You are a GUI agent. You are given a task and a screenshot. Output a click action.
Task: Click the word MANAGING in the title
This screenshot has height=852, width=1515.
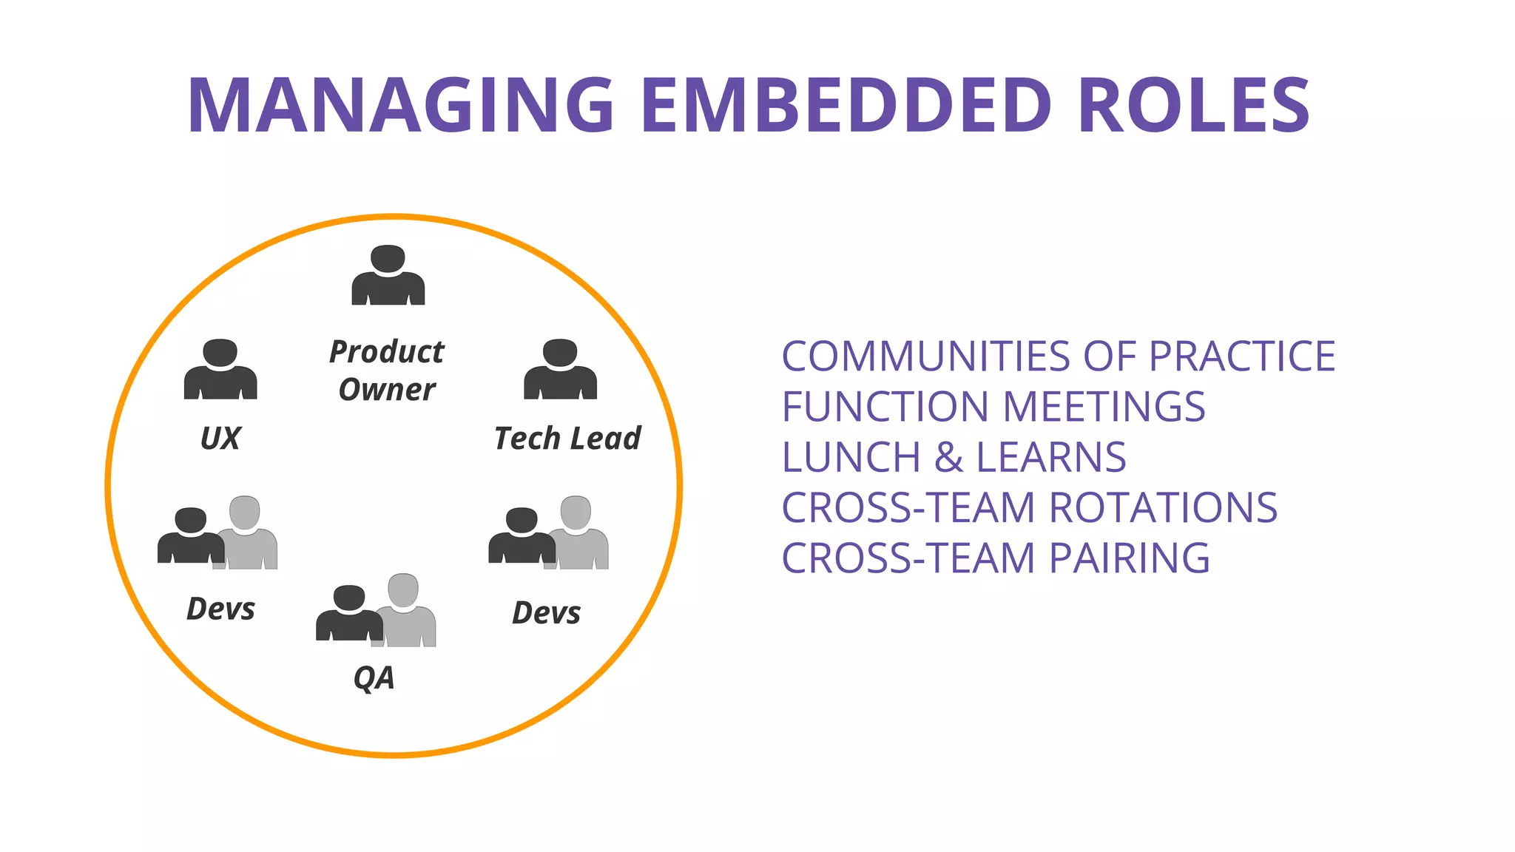[x=400, y=105]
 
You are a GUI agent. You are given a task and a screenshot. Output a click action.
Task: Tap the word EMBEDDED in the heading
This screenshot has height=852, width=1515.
[x=846, y=105]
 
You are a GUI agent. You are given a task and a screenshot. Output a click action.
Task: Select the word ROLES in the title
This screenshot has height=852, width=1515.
[x=1194, y=105]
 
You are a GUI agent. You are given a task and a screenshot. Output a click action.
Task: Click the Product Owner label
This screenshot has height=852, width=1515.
[x=387, y=371]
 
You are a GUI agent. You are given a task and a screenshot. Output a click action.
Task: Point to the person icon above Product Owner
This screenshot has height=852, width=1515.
[x=388, y=275]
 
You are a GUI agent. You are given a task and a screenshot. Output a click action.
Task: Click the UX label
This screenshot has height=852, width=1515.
[x=220, y=439]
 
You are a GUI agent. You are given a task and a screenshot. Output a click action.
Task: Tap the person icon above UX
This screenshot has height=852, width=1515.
[x=220, y=369]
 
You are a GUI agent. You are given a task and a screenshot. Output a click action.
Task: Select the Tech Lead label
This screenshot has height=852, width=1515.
[x=567, y=439]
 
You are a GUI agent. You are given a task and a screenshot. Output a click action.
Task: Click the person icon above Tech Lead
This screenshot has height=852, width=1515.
[x=560, y=369]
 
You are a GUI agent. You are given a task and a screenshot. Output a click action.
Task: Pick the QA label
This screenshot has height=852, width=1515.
[x=374, y=677]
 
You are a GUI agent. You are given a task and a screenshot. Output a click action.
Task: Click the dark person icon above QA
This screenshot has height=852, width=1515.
[x=348, y=613]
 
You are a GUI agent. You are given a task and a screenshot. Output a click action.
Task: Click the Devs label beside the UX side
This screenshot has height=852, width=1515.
[x=220, y=609]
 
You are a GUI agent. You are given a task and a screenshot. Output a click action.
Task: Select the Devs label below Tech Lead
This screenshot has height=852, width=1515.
[x=547, y=613]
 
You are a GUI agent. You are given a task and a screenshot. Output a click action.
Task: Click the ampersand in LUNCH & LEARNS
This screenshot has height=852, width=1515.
[x=949, y=457]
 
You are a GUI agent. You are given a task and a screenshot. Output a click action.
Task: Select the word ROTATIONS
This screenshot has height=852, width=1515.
[x=1163, y=507]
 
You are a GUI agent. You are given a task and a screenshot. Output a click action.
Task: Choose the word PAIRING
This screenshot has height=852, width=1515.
[x=1129, y=558]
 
